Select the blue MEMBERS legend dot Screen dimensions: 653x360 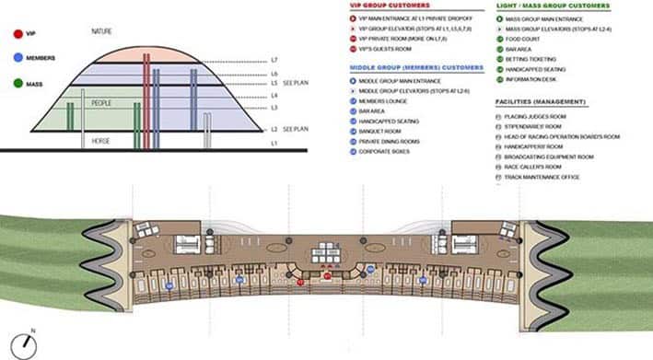click(x=18, y=59)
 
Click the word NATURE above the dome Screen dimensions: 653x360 click(x=103, y=31)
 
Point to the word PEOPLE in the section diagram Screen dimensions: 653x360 click(x=101, y=104)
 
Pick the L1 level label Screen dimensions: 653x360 click(x=274, y=145)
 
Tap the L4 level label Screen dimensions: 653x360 click(x=274, y=95)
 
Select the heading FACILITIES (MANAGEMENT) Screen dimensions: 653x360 click(x=541, y=100)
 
